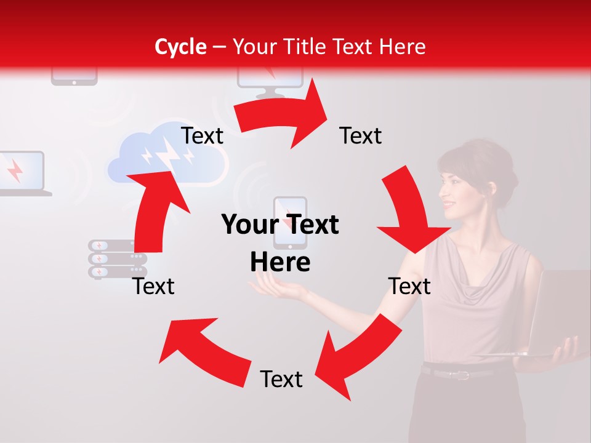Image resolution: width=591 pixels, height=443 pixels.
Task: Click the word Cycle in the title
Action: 180,47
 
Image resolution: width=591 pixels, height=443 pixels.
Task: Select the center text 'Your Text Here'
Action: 280,243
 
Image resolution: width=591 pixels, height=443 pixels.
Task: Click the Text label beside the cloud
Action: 203,136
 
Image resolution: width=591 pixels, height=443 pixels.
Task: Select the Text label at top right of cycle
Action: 361,136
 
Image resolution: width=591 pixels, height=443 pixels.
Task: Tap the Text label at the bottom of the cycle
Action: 281,380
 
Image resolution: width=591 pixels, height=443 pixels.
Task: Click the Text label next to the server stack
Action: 154,286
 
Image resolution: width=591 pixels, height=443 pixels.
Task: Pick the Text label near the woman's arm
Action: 409,286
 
